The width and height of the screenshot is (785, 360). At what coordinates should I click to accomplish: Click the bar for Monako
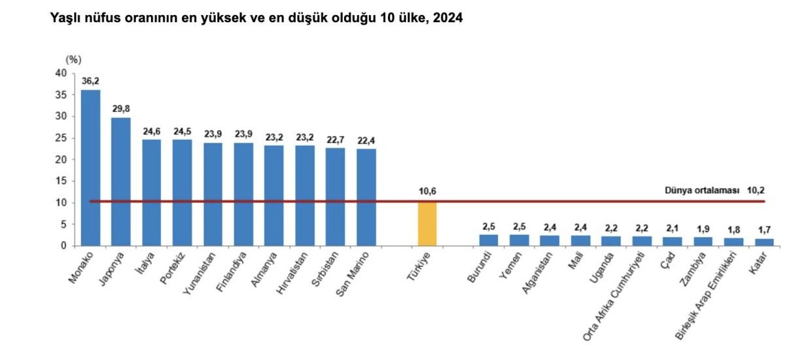[90, 167]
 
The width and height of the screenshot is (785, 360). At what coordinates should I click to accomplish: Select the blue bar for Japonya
[121, 181]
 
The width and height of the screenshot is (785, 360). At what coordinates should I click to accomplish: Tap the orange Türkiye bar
[427, 224]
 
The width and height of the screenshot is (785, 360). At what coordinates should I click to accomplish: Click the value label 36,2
[90, 81]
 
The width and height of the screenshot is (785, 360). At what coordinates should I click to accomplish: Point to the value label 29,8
[121, 109]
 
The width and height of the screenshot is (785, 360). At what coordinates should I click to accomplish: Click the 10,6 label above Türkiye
[427, 191]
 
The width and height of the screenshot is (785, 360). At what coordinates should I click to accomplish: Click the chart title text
[256, 19]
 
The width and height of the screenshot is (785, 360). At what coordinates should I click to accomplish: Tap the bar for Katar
[764, 242]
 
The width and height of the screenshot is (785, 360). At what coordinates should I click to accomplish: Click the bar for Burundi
[489, 240]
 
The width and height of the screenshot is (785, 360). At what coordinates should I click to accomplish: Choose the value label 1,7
[764, 230]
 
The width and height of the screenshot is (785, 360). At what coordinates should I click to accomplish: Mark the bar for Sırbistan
[336, 196]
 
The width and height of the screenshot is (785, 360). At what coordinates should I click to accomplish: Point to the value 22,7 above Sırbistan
[336, 139]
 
